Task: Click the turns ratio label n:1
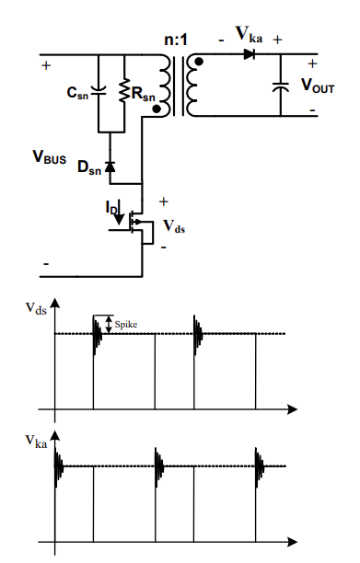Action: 174,40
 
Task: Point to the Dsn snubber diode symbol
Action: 110,167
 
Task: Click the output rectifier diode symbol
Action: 248,54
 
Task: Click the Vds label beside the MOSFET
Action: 173,224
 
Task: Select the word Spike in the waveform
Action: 125,324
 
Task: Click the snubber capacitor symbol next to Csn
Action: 100,89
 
